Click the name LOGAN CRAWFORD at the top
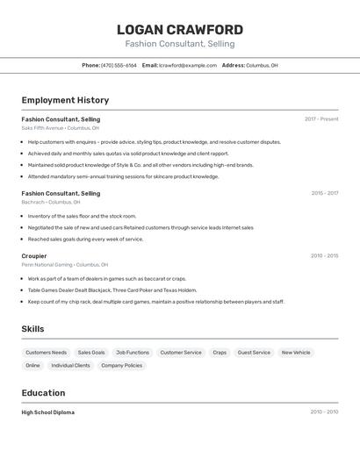pyautogui.click(x=180, y=30)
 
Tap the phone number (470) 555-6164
pyautogui.click(x=119, y=65)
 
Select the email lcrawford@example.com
pyautogui.click(x=188, y=65)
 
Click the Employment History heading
pyautogui.click(x=65, y=100)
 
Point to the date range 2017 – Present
pyautogui.click(x=321, y=119)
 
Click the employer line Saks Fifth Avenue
pyautogui.click(x=60, y=128)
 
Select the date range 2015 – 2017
pyautogui.click(x=324, y=193)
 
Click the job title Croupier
pyautogui.click(x=34, y=256)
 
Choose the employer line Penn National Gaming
pyautogui.click(x=65, y=265)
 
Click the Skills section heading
pyautogui.click(x=33, y=329)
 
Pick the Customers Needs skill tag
pyautogui.click(x=47, y=353)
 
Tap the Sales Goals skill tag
pyautogui.click(x=91, y=353)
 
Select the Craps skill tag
pyautogui.click(x=220, y=353)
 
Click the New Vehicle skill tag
pyautogui.click(x=296, y=353)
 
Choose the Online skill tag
pyautogui.click(x=32, y=365)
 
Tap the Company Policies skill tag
pyautogui.click(x=121, y=365)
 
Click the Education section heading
pyautogui.click(x=43, y=393)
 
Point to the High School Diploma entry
pyautogui.click(x=48, y=412)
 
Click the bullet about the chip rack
pyautogui.click(x=155, y=302)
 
